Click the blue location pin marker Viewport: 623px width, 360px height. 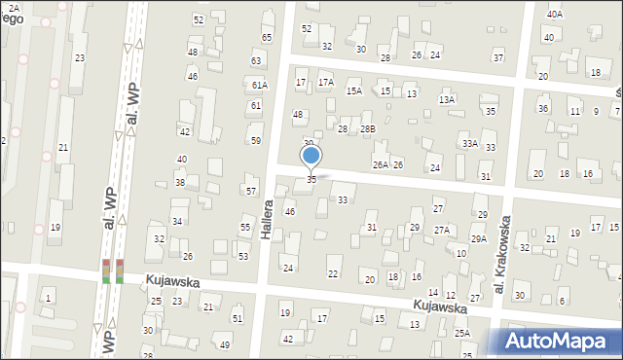311,156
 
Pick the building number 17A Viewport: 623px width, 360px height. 325,83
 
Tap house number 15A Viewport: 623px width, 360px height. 353,90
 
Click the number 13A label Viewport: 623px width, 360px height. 446,99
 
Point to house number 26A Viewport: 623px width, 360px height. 380,164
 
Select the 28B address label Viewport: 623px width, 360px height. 367,128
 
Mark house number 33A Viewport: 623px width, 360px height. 469,144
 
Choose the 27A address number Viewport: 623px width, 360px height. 442,230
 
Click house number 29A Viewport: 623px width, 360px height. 478,238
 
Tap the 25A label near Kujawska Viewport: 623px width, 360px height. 461,333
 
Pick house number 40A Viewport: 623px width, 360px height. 554,14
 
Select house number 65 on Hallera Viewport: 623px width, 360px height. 266,37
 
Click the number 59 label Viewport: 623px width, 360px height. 255,140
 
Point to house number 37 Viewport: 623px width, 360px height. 497,57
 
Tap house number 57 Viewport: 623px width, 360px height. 250,191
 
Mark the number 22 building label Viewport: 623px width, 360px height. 333,273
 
